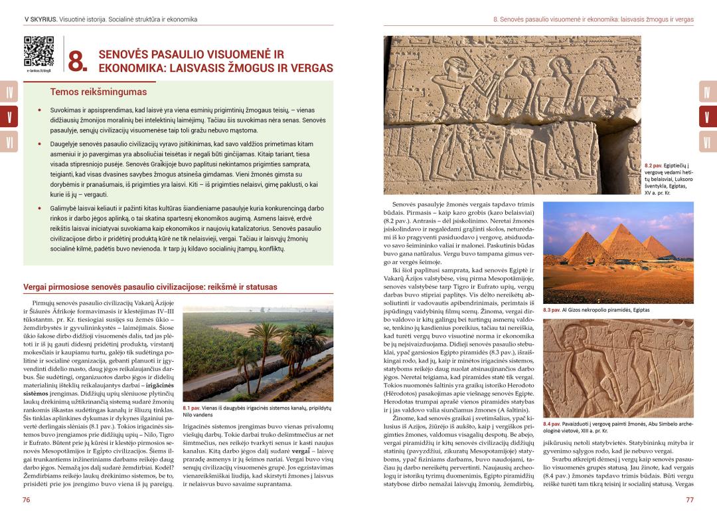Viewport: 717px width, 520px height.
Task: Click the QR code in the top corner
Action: [39, 51]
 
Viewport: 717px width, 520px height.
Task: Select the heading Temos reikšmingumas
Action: [98, 92]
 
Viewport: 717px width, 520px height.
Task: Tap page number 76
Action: [27, 500]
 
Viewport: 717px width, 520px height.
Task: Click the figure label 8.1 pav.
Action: [192, 408]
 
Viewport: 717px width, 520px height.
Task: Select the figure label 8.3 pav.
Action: [552, 310]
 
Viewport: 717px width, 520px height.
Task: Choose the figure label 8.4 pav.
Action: [552, 424]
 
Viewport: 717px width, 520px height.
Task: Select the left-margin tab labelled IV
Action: [9, 92]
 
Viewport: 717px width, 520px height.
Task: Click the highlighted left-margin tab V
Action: [9, 117]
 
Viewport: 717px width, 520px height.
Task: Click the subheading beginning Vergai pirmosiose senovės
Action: [150, 287]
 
